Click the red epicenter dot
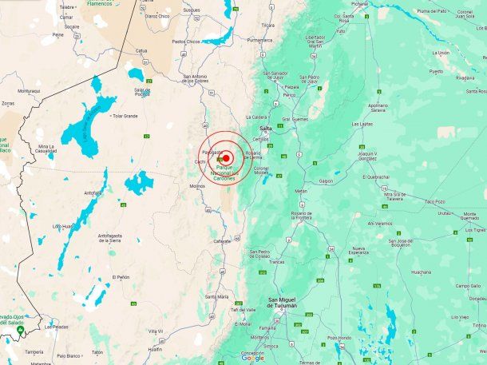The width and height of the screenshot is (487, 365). pos(227,158)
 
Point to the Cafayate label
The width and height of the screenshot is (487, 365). pos(222,241)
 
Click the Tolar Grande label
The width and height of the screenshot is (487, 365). pos(125,116)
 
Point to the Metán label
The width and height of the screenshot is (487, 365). pos(300,192)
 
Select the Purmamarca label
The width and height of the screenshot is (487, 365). pos(260,39)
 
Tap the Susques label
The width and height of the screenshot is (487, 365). pos(192,10)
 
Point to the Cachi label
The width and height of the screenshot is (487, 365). pos(200,163)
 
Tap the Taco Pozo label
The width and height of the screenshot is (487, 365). pos(434,202)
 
